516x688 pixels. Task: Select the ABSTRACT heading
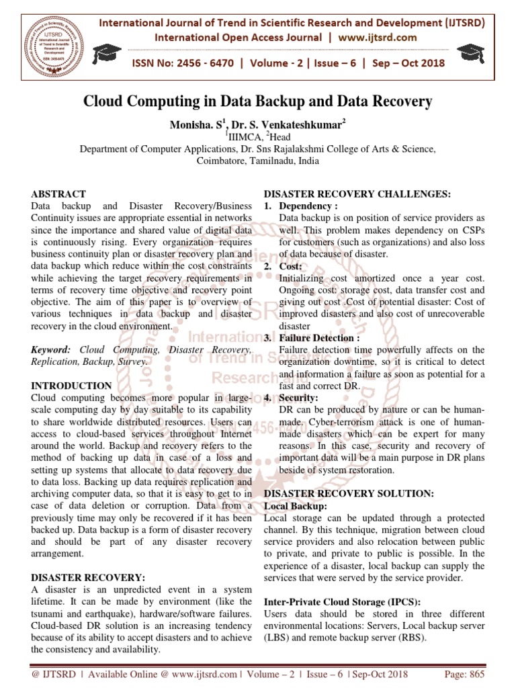57,194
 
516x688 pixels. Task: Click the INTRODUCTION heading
72,386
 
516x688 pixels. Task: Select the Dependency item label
308,206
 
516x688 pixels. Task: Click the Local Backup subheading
296,506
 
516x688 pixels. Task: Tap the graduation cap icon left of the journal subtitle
103,52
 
